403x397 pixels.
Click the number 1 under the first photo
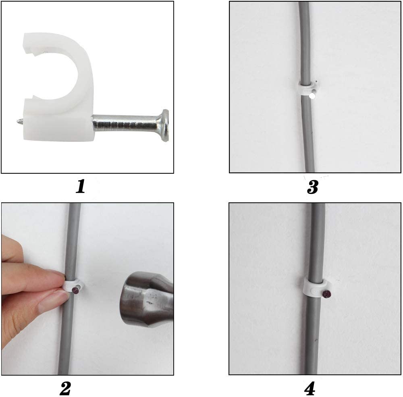point(81,187)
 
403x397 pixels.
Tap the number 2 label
point(65,389)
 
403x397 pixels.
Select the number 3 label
point(313,187)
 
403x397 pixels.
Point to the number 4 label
point(310,389)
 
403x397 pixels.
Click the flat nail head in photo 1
point(165,125)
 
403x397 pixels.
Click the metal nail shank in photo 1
point(126,123)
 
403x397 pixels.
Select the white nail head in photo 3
point(312,96)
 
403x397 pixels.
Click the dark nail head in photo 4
point(326,294)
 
